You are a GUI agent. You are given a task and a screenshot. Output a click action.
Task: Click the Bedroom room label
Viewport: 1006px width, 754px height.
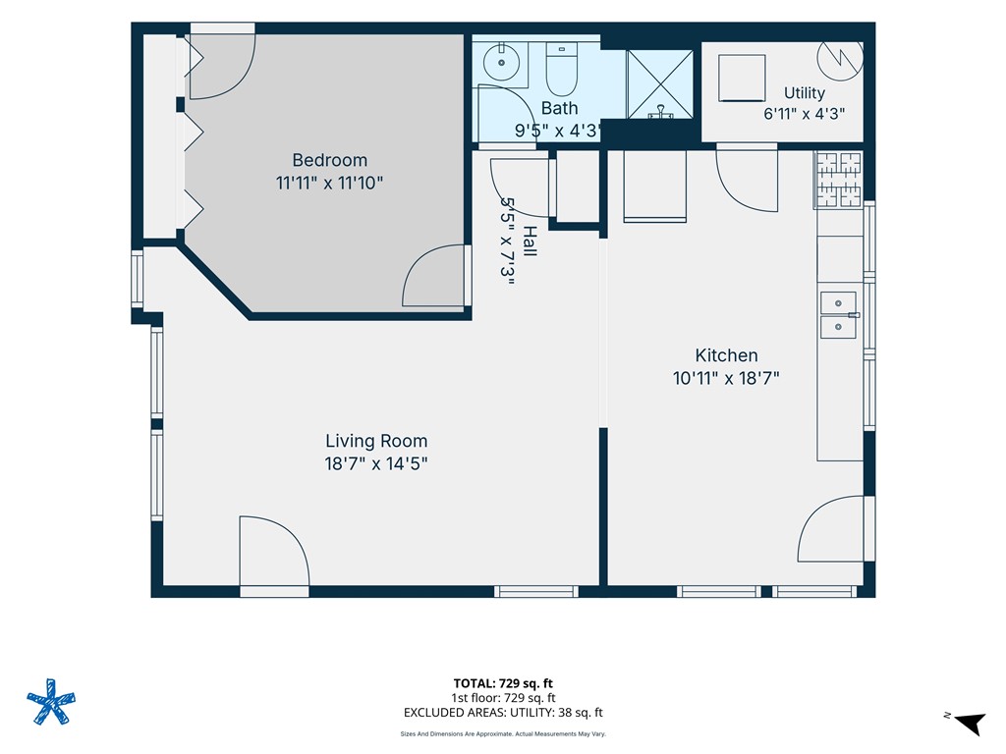tap(330, 160)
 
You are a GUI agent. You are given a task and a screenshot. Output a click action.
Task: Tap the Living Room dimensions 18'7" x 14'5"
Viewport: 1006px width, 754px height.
tap(376, 463)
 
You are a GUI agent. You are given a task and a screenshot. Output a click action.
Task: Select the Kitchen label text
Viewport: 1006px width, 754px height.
tap(726, 355)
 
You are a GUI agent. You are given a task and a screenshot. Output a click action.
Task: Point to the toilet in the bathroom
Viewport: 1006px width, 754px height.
tap(561, 69)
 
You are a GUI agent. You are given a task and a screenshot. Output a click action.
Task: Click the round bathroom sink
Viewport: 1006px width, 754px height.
tap(501, 63)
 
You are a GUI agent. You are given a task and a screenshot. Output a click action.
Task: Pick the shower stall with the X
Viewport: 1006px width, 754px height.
tap(660, 84)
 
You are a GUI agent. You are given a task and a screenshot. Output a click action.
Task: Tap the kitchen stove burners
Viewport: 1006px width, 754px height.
tap(839, 181)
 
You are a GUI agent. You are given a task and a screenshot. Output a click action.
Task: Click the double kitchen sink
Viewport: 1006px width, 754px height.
tap(838, 315)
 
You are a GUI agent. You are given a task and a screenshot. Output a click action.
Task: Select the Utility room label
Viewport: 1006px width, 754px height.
tap(805, 93)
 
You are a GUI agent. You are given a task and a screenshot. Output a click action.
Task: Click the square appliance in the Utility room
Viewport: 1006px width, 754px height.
tap(742, 78)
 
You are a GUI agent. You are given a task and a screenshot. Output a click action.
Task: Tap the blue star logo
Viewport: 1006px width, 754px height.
tap(51, 701)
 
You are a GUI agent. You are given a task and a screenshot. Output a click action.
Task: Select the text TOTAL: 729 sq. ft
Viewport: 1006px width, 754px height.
tap(503, 683)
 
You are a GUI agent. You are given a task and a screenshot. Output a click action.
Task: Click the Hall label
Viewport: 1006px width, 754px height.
tap(529, 242)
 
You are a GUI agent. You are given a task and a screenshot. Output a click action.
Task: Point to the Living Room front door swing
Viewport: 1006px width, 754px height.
tap(274, 552)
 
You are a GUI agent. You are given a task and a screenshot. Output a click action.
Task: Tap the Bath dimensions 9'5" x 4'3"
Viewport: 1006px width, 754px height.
tap(557, 131)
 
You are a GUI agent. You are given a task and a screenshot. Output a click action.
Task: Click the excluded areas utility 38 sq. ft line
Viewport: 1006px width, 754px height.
tap(503, 713)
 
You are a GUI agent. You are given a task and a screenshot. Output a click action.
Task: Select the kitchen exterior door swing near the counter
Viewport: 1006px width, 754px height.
tap(831, 529)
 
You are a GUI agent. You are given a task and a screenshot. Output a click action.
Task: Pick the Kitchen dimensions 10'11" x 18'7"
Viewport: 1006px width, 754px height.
tap(726, 378)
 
